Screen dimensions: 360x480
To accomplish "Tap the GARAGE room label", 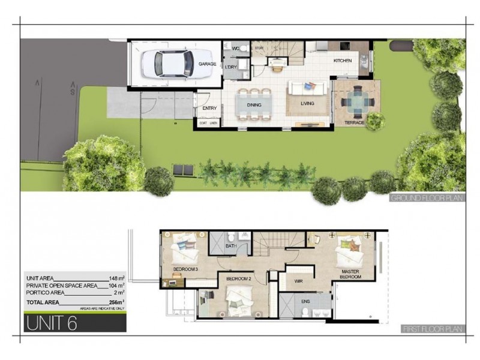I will coord(208,63).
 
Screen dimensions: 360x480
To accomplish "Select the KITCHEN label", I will coord(343,61).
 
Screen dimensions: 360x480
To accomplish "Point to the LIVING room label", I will coord(307,104).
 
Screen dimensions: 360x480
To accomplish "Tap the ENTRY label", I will coord(210,108).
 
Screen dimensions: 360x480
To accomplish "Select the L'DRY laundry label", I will coord(230,67).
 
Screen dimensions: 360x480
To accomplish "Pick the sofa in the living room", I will coord(308,88).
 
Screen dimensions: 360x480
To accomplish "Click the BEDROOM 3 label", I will coord(186,269).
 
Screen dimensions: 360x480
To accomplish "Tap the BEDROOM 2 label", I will coord(238,279).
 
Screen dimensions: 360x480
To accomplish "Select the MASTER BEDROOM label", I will coord(350,274).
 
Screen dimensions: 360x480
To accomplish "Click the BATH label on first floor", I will coord(230,247).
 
